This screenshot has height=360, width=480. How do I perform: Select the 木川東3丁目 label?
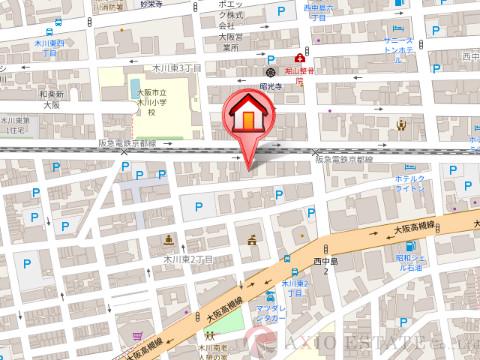click(178, 67)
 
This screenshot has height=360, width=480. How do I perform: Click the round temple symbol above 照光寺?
click(270, 72)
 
